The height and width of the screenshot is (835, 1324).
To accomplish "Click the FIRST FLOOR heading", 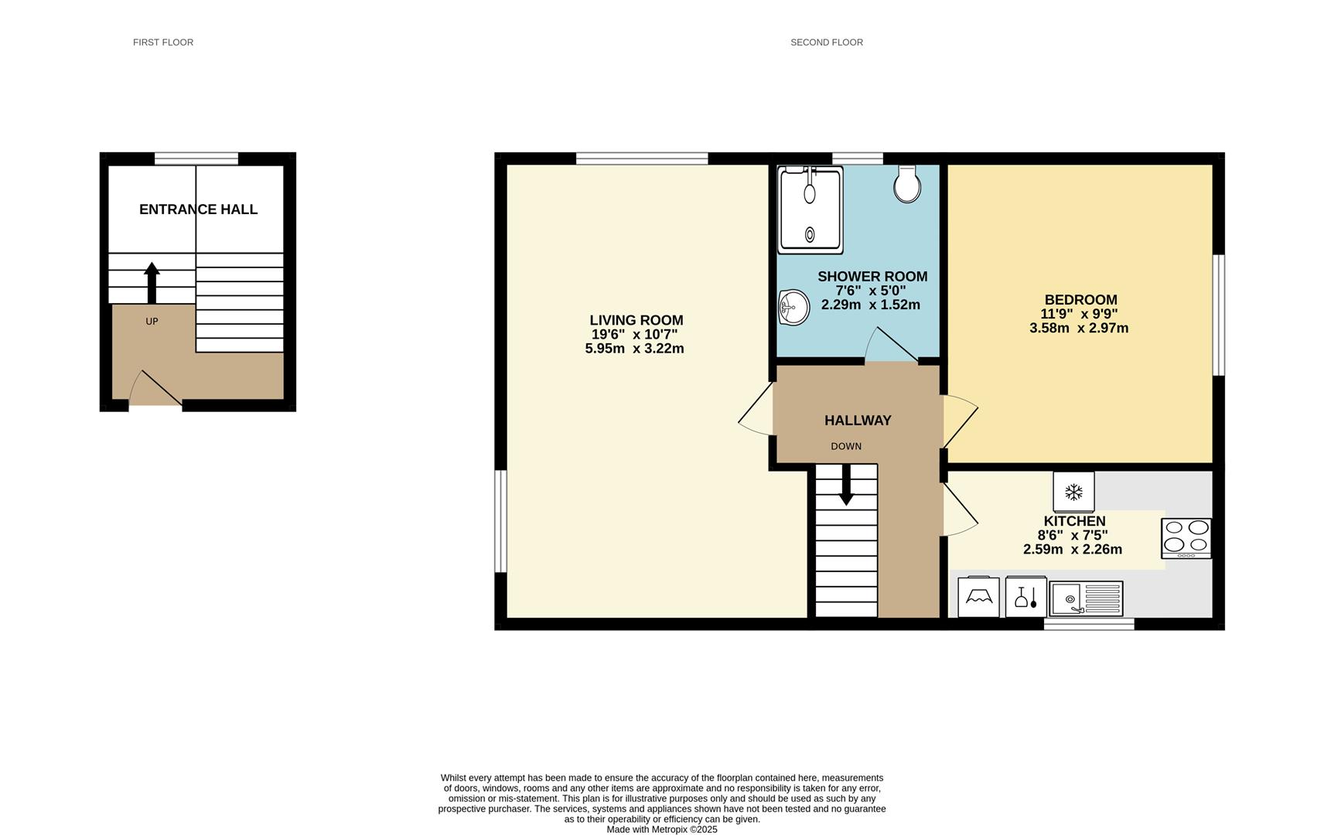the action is (163, 43).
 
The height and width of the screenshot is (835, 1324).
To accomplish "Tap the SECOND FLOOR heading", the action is (826, 43).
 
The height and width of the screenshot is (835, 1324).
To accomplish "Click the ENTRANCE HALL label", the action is (198, 210).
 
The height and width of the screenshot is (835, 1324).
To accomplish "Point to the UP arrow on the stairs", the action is (152, 283).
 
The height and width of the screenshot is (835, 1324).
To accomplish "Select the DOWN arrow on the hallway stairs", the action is (846, 485).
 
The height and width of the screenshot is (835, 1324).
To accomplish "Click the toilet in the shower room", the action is (906, 183).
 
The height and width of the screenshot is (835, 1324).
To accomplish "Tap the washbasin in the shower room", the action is (793, 307).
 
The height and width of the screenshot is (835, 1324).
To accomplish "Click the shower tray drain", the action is (810, 234).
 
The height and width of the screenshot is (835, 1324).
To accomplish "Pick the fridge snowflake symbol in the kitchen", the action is (1073, 492).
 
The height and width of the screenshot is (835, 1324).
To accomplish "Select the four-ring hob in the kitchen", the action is (1186, 538).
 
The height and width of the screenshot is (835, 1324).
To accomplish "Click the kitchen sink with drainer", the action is (1086, 598).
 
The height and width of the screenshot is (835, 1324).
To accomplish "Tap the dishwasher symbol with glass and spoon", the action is (1025, 597).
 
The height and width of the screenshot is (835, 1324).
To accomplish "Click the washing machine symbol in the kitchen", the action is (978, 597).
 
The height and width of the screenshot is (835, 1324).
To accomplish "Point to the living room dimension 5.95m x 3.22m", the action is (634, 349).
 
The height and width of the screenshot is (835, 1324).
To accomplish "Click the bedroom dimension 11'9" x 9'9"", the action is (1079, 314).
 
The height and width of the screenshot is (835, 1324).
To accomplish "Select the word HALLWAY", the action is (858, 421).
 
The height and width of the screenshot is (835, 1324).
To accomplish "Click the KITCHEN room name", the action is (1074, 521).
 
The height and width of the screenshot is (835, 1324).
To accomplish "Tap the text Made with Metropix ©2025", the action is (662, 830).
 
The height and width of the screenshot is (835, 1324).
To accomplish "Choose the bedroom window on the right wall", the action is (1218, 315).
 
